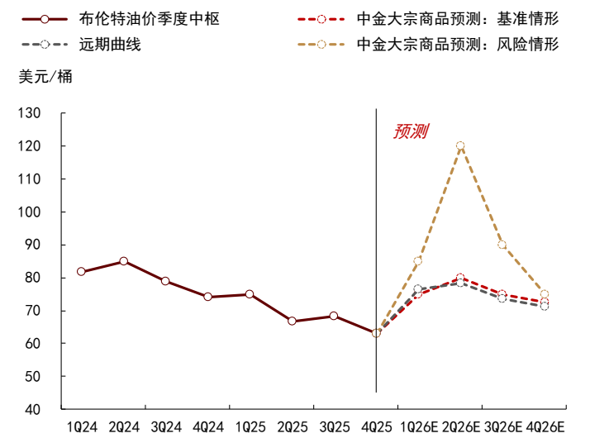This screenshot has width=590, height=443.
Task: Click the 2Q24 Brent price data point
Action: coord(123,261)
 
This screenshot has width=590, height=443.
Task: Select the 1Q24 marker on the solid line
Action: coord(81,271)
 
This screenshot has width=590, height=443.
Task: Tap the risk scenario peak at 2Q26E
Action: coord(460,145)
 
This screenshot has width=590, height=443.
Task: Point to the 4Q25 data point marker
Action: coord(376,332)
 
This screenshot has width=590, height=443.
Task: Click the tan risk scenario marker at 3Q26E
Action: coord(502,245)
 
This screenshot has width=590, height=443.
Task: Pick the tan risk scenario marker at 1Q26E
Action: coord(418,261)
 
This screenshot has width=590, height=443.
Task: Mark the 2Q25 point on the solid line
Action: coord(292,321)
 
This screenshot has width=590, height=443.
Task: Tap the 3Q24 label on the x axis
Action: coord(166,427)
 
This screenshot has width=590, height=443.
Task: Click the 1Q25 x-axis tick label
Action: coord(250,427)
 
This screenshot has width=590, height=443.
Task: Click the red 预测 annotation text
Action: coord(410,131)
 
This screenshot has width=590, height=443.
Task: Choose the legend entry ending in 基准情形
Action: coord(457,17)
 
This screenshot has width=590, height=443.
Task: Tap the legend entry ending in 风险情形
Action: coord(457,44)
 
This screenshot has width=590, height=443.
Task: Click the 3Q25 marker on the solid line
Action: coord(334,316)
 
